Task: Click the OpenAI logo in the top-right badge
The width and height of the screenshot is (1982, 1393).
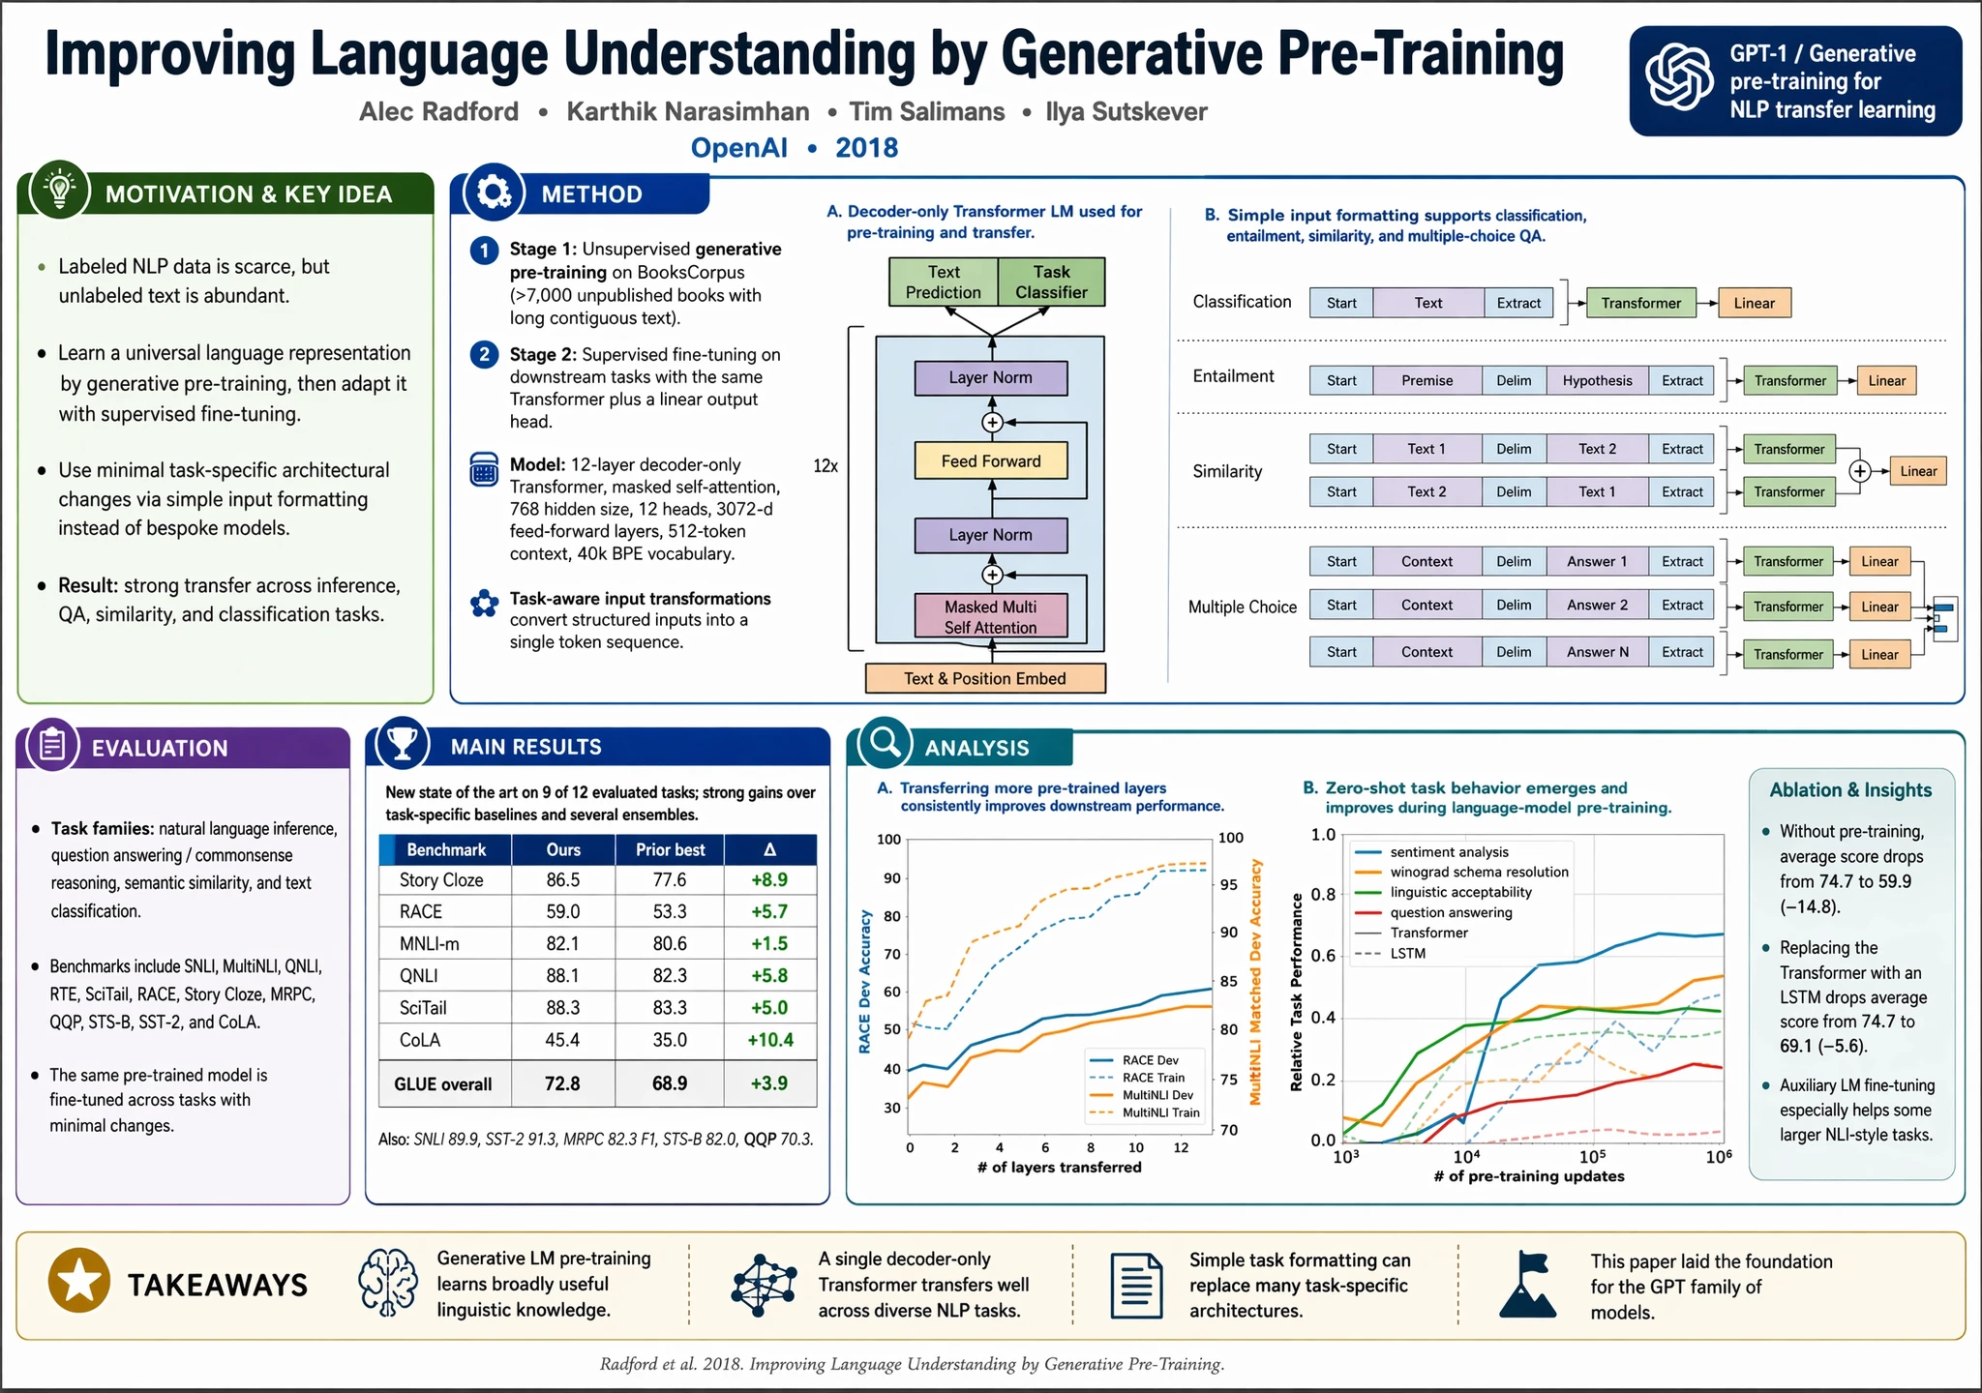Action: (1680, 79)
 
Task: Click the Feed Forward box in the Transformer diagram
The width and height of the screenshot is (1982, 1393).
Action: (991, 461)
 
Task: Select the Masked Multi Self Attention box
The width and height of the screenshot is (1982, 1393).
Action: (991, 617)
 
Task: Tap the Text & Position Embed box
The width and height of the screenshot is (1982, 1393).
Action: (985, 678)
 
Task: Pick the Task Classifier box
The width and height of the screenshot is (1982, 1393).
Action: (1051, 282)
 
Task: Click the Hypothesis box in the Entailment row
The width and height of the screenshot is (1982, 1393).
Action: (1597, 380)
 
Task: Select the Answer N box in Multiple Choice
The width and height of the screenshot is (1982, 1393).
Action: (1597, 652)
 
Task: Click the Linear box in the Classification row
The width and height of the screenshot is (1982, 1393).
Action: (1754, 303)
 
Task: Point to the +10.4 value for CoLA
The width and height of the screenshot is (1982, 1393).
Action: (769, 1040)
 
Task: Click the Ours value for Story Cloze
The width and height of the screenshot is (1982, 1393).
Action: (562, 879)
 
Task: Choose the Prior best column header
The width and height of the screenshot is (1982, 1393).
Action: (670, 849)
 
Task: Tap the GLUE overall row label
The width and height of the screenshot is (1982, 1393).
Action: (442, 1084)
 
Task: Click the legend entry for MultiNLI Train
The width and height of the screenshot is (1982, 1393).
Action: (1159, 1112)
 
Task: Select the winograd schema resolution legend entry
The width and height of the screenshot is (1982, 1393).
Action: (1479, 872)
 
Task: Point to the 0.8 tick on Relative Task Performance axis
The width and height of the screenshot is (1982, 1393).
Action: (1323, 894)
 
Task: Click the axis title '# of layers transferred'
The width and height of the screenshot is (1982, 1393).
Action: (1059, 1167)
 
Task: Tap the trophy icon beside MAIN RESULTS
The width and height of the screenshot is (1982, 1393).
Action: (402, 743)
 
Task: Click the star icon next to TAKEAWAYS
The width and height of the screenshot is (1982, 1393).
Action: (79, 1281)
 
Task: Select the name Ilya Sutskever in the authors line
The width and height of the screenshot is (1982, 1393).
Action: (1126, 112)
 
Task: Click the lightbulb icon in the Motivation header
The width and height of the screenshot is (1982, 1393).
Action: (60, 189)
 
